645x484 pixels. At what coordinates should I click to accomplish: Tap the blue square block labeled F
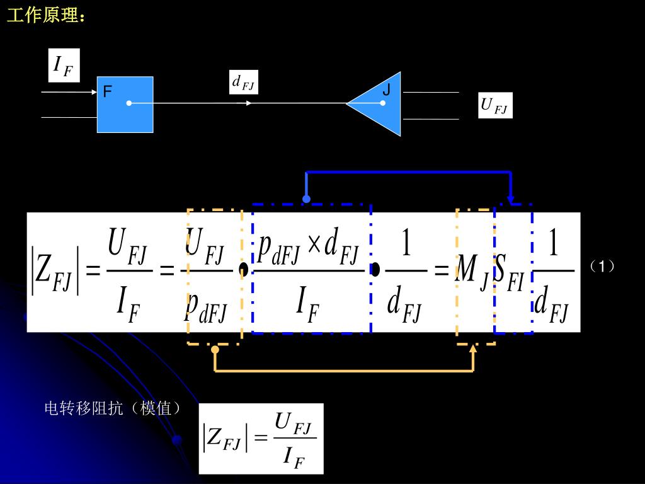(x=125, y=105)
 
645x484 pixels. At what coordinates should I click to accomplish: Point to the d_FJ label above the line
(x=243, y=82)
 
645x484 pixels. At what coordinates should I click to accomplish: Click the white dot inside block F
(x=129, y=103)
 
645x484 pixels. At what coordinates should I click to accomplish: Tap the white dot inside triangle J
(x=382, y=103)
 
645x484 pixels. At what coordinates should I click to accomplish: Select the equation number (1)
(x=602, y=267)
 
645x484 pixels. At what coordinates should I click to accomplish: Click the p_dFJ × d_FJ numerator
(x=308, y=248)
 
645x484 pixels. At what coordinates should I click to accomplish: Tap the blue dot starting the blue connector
(x=306, y=199)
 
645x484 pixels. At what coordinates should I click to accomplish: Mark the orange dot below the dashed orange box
(x=215, y=349)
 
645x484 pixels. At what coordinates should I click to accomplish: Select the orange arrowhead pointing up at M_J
(x=473, y=349)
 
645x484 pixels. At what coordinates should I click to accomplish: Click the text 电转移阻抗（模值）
(x=113, y=408)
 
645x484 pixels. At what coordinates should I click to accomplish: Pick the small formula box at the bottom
(x=261, y=439)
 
